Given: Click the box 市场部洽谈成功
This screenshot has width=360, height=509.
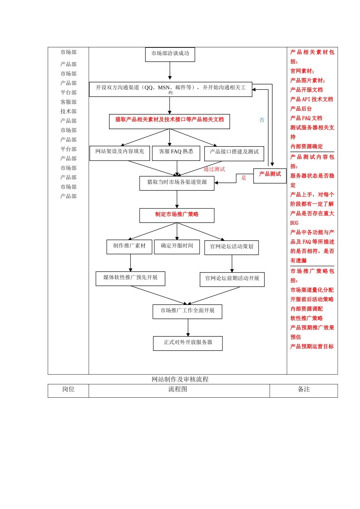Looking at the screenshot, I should pos(170,54).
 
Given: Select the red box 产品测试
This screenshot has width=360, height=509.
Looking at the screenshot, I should pos(270,175).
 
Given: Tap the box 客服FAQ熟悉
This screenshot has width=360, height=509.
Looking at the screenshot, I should pos(176,153).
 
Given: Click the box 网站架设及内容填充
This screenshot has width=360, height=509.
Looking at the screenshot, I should pos(120,153).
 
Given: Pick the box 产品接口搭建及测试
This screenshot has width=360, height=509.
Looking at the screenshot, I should pos(234,153).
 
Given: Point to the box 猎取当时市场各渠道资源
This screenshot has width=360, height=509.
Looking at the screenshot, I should pos(177,183).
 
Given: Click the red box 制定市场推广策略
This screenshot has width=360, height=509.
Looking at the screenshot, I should pos(177,215).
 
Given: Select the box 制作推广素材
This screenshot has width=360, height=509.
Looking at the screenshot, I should pos(129,247).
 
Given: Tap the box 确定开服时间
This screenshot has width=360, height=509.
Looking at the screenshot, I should pos(177,247).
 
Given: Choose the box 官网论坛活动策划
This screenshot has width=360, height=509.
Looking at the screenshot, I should pos(232,247).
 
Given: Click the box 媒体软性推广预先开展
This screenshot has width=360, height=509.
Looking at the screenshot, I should pos(130,278).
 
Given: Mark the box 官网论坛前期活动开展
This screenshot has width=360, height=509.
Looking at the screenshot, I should pos(232,279).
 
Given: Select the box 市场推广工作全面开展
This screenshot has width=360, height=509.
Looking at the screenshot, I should pos(188,311).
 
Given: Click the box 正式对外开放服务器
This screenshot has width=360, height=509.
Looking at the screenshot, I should pos(188,343).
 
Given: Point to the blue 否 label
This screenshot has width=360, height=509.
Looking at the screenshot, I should pos(262,120).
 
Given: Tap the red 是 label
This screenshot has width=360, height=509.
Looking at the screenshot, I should pos(244,178).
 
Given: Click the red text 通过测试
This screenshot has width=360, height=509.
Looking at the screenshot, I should pos(214,169).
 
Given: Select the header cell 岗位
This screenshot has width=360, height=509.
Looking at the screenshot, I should pos(68,390).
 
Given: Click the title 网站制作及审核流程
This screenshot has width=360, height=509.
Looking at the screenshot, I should pos(180,379).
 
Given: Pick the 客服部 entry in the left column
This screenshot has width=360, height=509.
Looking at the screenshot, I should pos(68,102).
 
